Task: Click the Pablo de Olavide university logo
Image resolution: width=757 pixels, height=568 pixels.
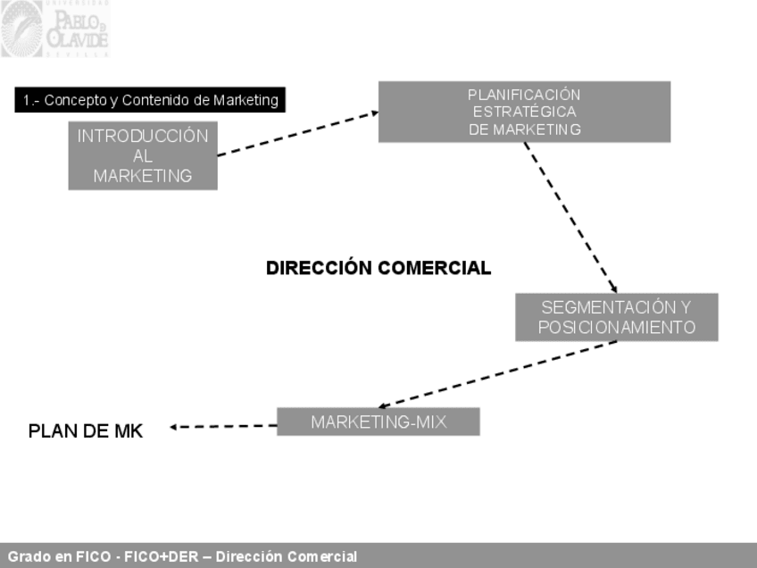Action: pyautogui.click(x=55, y=29)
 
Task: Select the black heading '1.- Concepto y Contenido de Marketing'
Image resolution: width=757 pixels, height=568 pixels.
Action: pyautogui.click(x=150, y=100)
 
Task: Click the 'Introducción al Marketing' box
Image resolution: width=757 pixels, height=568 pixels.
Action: pyautogui.click(x=143, y=155)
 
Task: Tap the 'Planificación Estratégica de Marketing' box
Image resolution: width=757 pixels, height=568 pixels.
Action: pyautogui.click(x=524, y=112)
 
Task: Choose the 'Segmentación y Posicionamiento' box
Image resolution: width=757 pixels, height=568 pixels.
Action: pyautogui.click(x=616, y=317)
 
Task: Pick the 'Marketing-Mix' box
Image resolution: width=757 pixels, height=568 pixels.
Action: pyautogui.click(x=378, y=422)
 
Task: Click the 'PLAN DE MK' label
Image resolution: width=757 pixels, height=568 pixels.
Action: pyautogui.click(x=86, y=430)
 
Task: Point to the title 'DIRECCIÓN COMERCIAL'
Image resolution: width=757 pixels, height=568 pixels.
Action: pyautogui.click(x=378, y=268)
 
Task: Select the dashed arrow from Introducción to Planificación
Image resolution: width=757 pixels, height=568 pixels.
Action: pyautogui.click(x=297, y=133)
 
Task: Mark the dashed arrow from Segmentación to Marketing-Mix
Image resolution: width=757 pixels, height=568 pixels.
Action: pyautogui.click(x=497, y=374)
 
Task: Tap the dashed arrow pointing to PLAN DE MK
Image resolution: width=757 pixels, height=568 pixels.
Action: pyautogui.click(x=223, y=426)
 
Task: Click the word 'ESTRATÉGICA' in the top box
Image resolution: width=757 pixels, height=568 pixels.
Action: pyautogui.click(x=524, y=112)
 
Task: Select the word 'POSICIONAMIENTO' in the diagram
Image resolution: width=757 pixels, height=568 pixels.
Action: pyautogui.click(x=616, y=328)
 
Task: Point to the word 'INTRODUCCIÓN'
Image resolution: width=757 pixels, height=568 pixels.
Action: pyautogui.click(x=143, y=137)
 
